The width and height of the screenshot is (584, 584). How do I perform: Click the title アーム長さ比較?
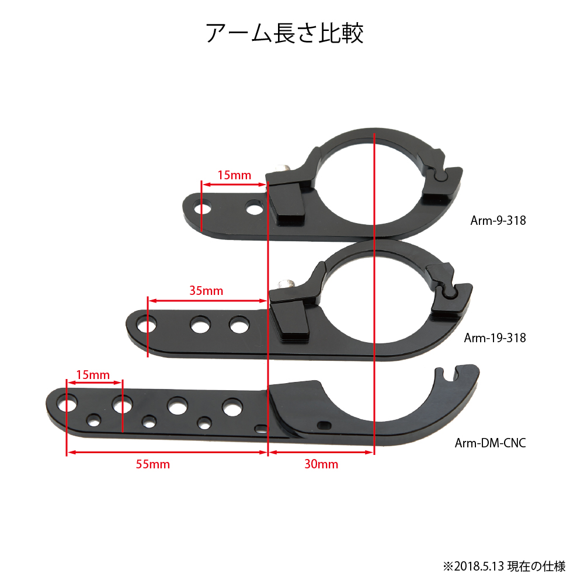coord(285,33)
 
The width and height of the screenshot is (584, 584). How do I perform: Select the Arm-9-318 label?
coord(498,221)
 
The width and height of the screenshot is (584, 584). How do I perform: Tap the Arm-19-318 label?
coord(495,338)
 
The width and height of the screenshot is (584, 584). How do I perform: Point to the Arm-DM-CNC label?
coord(491,443)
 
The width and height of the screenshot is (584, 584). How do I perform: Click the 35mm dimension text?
coord(206,290)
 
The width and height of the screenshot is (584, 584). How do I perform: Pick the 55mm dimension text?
coord(152,464)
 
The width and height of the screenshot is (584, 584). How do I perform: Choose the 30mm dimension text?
coord(321,464)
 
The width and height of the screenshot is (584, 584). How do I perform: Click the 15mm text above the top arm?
coord(234,175)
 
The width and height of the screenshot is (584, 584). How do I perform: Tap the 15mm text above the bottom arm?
coord(93,375)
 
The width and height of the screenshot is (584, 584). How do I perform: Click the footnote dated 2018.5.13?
coord(505,566)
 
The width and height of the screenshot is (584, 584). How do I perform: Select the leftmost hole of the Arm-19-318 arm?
coord(147,325)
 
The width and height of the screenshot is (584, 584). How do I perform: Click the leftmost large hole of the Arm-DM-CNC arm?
coord(67,404)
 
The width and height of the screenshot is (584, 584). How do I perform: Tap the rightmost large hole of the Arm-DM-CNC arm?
coord(232,407)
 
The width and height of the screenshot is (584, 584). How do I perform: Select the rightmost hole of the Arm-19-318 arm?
coord(239,324)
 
